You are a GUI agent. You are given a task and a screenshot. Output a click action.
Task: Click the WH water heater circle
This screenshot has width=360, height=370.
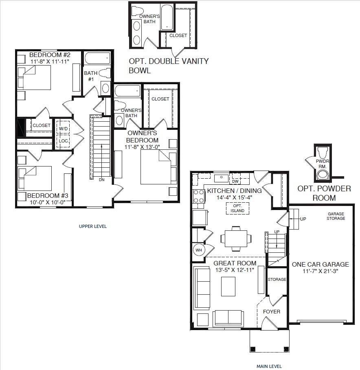(199, 250)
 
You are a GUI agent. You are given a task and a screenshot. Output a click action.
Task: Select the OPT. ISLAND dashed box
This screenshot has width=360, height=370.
(237, 208)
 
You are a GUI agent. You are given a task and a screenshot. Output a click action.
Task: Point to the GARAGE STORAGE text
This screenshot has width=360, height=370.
(336, 216)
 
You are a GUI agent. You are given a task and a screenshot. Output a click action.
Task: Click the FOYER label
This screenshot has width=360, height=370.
(271, 311)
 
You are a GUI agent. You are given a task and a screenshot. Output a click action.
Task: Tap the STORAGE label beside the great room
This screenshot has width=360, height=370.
(277, 280)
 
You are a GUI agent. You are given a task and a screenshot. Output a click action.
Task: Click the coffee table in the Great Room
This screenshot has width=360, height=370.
(228, 286)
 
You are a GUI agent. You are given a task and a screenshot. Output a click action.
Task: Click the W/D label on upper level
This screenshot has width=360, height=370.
(64, 129)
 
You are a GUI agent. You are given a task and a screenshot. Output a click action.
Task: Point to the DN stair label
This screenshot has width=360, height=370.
(101, 180)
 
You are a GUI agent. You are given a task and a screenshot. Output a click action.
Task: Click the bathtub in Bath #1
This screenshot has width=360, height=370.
(98, 58)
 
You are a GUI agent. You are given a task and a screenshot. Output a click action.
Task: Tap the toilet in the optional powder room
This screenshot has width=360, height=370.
(323, 153)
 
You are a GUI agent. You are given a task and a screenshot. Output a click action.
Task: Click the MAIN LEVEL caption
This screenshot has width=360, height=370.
(269, 366)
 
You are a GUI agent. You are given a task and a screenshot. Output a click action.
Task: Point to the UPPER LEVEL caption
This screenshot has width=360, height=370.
(92, 226)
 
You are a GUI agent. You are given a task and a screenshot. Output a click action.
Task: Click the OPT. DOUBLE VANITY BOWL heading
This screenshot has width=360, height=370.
(169, 66)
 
